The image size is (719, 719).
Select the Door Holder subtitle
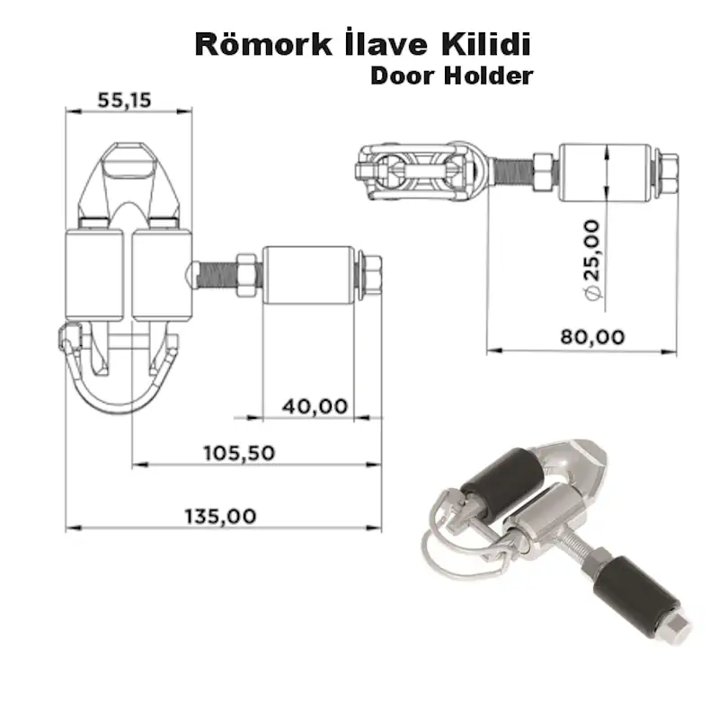tap(450, 75)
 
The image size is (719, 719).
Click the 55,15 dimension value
tap(124, 101)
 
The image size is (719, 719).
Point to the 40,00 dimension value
tap(315, 406)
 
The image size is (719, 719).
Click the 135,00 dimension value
tap(220, 516)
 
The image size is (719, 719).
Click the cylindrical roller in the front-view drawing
tap(308, 277)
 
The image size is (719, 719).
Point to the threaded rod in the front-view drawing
tap(216, 270)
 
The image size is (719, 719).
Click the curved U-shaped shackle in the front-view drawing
tap(121, 386)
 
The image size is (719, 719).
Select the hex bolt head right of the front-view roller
tap(370, 277)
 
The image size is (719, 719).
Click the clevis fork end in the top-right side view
tap(422, 171)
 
